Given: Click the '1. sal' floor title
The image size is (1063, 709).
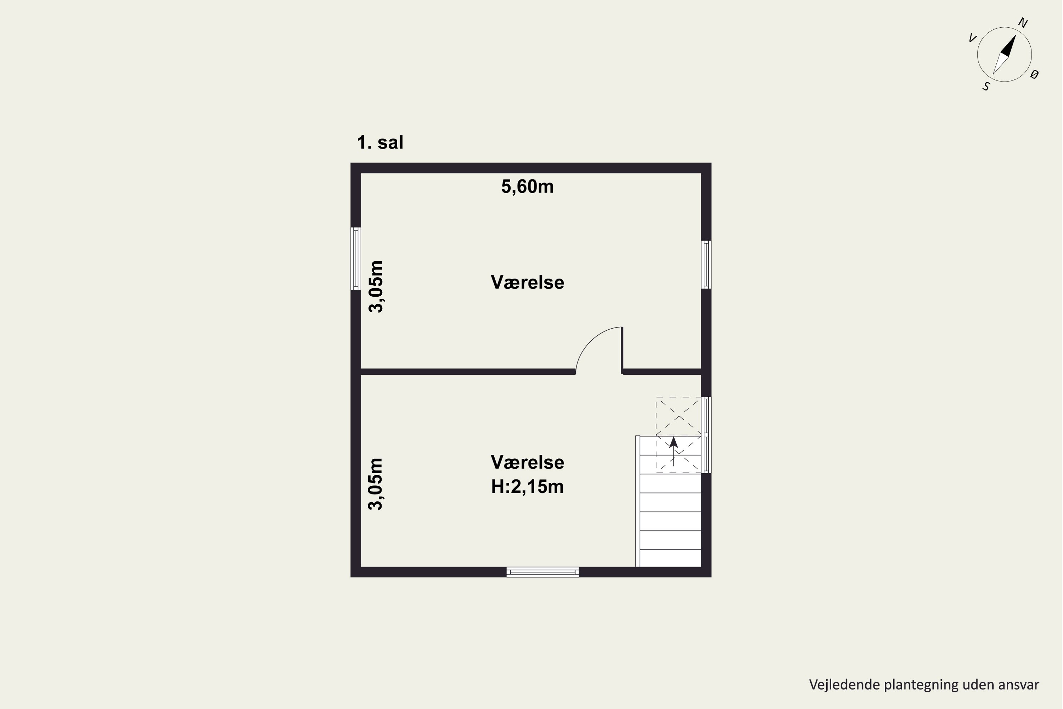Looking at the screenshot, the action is [x=380, y=143].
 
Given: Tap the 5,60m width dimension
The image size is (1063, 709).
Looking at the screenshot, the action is [x=528, y=187].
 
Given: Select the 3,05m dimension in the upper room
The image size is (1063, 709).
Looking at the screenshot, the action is [x=376, y=287].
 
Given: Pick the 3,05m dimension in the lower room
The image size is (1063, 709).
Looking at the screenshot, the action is [x=376, y=484].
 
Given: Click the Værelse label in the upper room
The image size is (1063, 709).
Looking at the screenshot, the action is [x=528, y=283].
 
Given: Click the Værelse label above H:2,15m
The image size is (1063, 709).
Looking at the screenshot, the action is [x=528, y=463].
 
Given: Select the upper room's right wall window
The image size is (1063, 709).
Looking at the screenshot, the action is [x=706, y=264].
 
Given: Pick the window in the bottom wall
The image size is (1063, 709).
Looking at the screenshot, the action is [x=543, y=572].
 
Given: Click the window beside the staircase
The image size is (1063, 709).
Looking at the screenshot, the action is [x=706, y=435].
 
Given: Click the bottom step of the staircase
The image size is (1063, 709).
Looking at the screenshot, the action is [x=671, y=558].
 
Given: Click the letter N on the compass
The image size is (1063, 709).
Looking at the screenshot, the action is [x=1023, y=23].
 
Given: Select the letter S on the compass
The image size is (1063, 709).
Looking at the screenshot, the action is [x=986, y=86].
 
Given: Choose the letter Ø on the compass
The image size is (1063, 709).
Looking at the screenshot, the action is [x=1035, y=74].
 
